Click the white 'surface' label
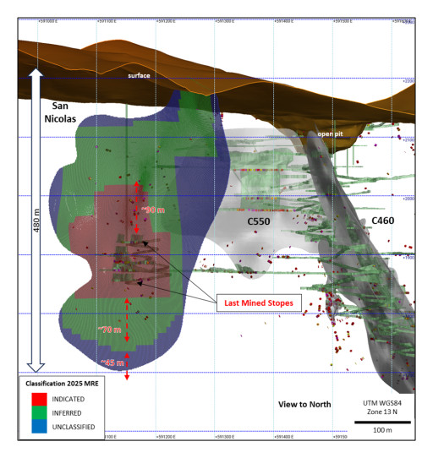(139, 76)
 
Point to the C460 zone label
(386, 221)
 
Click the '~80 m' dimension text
(153, 210)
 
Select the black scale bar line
(381, 419)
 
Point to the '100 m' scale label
(382, 430)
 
